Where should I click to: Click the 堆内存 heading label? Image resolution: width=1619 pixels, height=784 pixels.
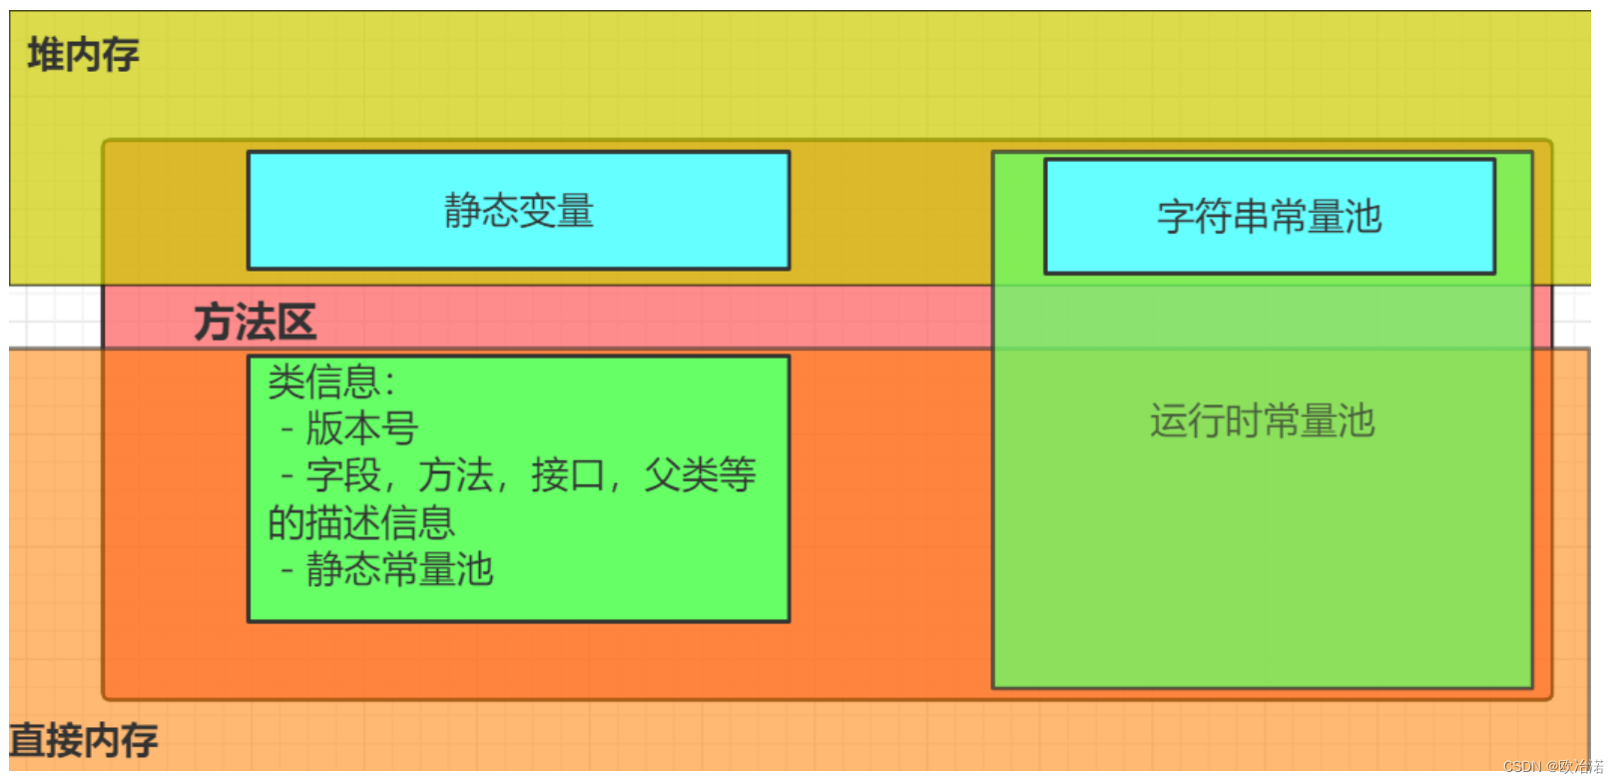coord(83,55)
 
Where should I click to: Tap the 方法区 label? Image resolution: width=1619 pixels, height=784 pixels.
coord(255,323)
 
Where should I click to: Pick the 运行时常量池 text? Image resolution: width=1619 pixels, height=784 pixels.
coord(1262,421)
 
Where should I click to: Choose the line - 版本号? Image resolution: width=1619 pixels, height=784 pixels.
coord(349,428)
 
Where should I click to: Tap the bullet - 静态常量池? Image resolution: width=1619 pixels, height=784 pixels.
coord(387,570)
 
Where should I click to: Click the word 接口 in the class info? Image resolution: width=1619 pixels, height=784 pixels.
coord(568,475)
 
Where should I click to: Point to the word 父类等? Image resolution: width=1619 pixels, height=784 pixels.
coord(700,475)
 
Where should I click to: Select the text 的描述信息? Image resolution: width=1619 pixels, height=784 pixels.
coord(360,522)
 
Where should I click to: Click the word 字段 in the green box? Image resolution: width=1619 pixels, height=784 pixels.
coord(343,475)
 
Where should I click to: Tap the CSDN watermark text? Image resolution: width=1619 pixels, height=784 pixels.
coord(1552,767)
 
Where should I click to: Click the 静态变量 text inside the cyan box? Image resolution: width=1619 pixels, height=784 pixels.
coord(518,211)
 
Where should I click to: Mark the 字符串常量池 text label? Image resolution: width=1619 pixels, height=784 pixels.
coord(1269,217)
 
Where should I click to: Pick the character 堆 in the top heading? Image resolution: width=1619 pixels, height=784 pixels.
coord(45,55)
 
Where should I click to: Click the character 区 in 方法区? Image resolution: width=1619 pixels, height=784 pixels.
coord(296,323)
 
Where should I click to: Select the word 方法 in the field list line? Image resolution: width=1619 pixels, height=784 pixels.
coord(455,475)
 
